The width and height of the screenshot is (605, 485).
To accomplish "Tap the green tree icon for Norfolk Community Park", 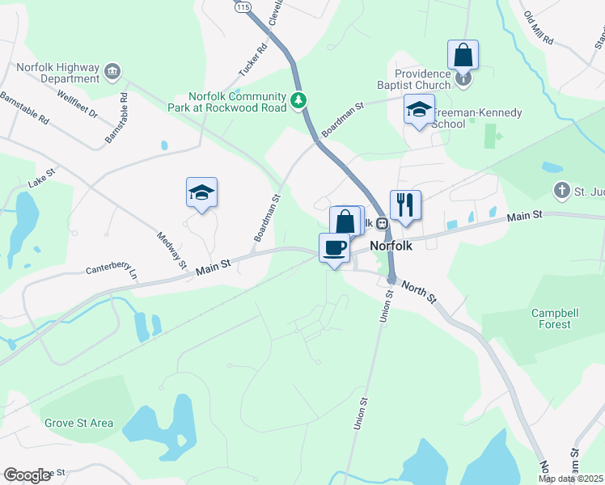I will (x=300, y=99).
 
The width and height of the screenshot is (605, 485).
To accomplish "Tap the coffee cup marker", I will (x=333, y=247).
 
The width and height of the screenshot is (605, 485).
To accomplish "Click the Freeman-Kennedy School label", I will (x=476, y=118).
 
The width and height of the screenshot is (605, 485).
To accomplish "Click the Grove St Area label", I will (x=78, y=423).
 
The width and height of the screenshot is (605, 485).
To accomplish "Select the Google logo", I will (x=27, y=474).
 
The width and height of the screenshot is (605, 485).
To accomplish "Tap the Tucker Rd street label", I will (x=252, y=60).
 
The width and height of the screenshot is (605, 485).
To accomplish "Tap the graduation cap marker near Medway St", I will (x=201, y=192).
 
